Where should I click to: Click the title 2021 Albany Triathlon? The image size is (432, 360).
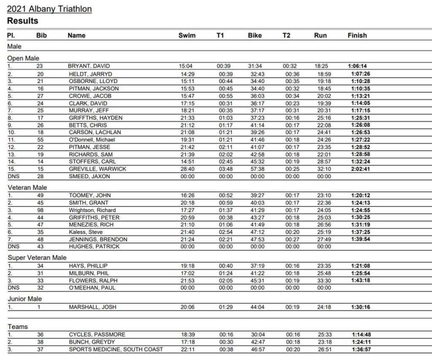[49, 9]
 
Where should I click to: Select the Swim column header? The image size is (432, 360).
[187, 35]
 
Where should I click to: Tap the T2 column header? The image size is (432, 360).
[286, 35]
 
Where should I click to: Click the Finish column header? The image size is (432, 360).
[357, 35]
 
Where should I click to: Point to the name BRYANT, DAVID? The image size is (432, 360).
[89, 66]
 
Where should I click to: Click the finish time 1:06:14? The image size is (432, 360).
[357, 66]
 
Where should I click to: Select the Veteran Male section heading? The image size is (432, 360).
[27, 188]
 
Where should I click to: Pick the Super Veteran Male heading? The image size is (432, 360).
[37, 258]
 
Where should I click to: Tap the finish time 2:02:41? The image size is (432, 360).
[361, 169]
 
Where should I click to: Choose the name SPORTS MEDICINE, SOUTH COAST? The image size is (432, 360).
[116, 349]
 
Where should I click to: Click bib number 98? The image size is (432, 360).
[40, 210]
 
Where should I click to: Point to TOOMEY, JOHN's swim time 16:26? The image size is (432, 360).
[187, 195]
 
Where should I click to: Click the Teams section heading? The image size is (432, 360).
[18, 327]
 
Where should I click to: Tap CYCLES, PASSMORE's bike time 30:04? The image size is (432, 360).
[257, 335]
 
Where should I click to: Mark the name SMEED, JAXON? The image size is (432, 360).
[89, 176]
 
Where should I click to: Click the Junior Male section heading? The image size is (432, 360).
[25, 299]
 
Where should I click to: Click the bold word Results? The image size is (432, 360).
[22, 21]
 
